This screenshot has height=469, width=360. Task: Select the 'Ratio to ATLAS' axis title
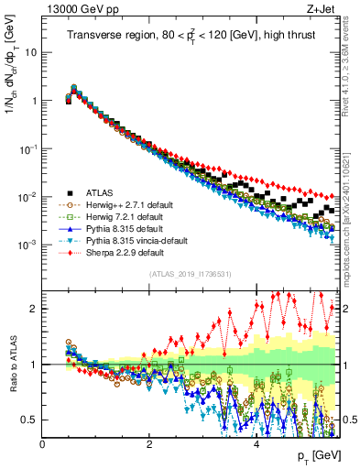[x=12, y=364]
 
